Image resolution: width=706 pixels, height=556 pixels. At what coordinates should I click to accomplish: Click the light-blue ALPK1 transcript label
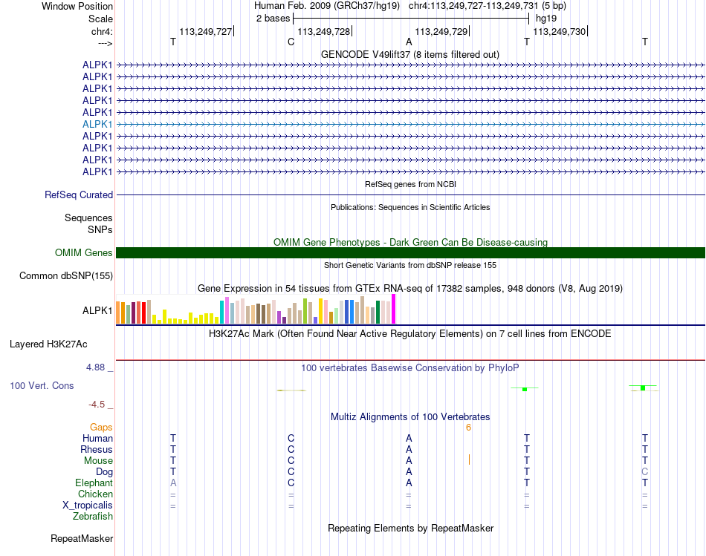click(x=97, y=124)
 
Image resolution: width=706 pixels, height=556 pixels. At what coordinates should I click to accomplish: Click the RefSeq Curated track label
click(x=79, y=195)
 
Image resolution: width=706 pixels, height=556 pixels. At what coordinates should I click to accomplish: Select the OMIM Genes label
click(x=84, y=253)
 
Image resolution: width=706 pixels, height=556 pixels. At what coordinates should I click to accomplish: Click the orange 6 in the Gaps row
click(x=468, y=427)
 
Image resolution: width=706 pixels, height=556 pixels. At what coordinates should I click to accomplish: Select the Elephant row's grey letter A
click(x=173, y=483)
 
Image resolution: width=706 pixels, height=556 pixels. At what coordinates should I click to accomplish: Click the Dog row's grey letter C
click(x=645, y=471)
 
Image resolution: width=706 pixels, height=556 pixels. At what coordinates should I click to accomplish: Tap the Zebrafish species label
click(x=93, y=516)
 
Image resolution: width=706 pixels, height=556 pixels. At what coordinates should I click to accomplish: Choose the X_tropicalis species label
click(x=88, y=505)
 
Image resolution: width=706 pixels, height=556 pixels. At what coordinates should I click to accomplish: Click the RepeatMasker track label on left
click(x=82, y=538)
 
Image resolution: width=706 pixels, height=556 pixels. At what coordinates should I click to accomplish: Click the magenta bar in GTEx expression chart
click(x=394, y=309)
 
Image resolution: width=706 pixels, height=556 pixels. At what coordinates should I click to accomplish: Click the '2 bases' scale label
click(x=273, y=17)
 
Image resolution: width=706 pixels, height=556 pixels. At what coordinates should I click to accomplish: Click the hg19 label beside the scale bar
click(x=546, y=17)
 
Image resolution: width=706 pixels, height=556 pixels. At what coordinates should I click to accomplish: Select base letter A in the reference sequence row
click(x=409, y=42)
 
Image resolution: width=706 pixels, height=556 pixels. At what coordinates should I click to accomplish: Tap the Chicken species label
click(x=95, y=494)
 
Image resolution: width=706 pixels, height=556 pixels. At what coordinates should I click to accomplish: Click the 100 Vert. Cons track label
click(x=42, y=386)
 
